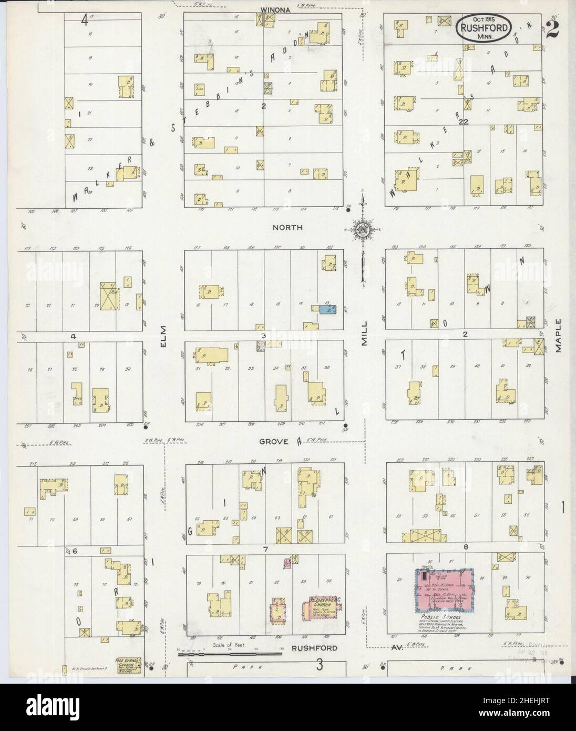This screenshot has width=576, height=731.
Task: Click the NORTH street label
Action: click(287, 228)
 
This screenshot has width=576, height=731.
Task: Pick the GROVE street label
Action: click(273, 442)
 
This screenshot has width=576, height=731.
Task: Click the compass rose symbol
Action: click(363, 230)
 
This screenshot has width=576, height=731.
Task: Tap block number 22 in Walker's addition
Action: click(462, 122)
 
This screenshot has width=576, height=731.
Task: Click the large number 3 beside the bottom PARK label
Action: click(319, 666)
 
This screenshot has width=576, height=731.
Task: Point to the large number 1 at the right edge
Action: click(563, 509)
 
